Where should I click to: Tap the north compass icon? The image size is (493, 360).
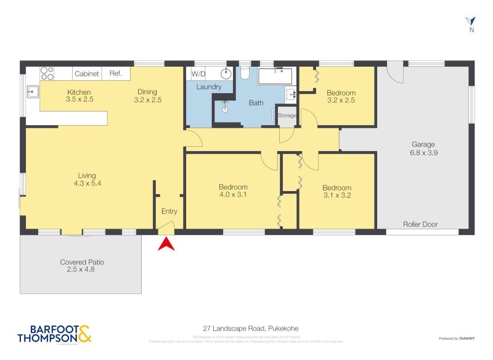pos(471,24)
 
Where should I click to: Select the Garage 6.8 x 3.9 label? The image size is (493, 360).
pos(424,149)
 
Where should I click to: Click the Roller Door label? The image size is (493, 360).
pos(420,224)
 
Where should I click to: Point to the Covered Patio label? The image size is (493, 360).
pos(82,266)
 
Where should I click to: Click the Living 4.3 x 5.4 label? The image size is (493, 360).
pos(86,179)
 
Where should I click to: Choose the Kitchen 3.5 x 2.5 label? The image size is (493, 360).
pos(79,96)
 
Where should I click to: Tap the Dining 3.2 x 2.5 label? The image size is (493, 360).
pos(148,96)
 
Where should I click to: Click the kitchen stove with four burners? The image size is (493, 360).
pos(47,73)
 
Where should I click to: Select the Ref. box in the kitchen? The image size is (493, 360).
pos(116,73)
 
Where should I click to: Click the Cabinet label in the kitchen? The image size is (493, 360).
pos(87,73)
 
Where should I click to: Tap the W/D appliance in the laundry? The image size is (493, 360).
pos(198,73)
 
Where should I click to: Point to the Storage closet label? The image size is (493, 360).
pos(287,116)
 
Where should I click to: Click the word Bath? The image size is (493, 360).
pos(256,103)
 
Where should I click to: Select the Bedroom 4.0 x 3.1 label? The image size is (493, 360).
pos(233,191)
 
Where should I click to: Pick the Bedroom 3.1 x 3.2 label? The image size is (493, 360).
pos(336,192)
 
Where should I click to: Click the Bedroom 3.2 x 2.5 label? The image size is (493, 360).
pos(341,97)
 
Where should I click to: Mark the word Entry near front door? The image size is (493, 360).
pos(169,211)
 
